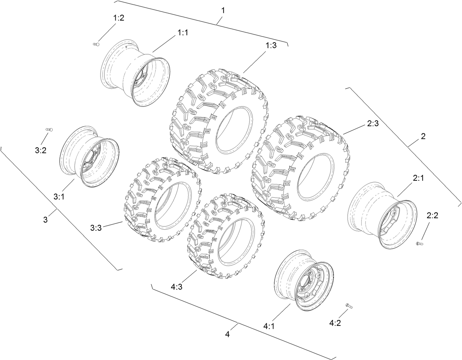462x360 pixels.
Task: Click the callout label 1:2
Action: [118, 18]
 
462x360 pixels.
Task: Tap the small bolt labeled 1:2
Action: [96, 44]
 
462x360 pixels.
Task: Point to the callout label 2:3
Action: [372, 125]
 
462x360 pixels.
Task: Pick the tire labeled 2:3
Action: [299, 169]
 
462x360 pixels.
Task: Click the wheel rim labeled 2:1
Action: [382, 215]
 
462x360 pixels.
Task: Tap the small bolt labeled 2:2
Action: [419, 243]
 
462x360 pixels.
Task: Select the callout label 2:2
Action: [432, 216]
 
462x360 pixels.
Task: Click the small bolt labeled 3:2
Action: [49, 129]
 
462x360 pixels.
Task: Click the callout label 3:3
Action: [96, 228]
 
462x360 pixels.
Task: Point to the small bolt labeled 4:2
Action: [349, 306]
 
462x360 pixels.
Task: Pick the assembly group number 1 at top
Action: [222, 10]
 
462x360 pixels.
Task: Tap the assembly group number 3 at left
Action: [46, 220]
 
